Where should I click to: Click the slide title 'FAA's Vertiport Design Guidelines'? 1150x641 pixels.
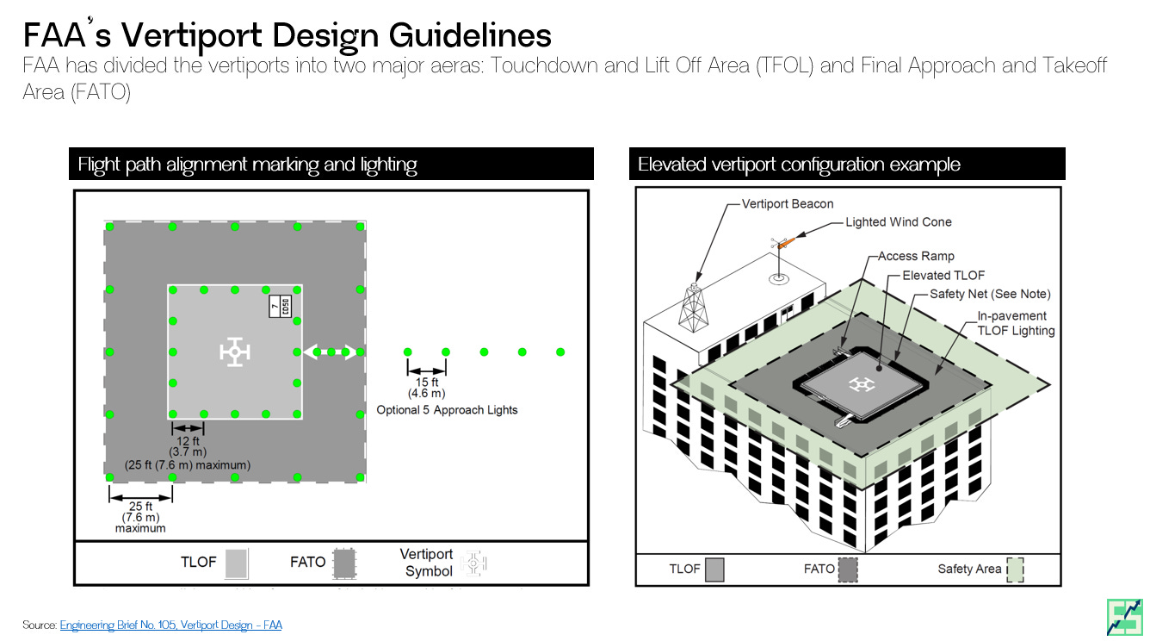(x=287, y=35)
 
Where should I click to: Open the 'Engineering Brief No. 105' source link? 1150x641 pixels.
(x=170, y=625)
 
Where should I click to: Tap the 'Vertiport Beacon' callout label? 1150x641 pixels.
(x=788, y=204)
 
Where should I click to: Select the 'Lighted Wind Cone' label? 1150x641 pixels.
(x=898, y=221)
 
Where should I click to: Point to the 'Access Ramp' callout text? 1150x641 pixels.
(x=916, y=256)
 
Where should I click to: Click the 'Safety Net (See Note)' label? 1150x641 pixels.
(x=990, y=294)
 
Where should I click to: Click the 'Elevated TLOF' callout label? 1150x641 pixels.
(x=943, y=275)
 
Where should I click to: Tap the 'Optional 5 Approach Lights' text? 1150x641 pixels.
(x=447, y=410)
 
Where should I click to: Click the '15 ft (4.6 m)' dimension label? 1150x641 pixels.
(x=427, y=388)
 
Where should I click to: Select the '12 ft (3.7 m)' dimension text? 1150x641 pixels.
(x=188, y=447)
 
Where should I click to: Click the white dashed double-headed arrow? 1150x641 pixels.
(x=331, y=352)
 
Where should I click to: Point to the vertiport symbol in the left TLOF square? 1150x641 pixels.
(x=234, y=352)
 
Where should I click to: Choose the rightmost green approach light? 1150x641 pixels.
(x=560, y=352)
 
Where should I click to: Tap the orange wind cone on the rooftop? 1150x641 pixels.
(x=786, y=244)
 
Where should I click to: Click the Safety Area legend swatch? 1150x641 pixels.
(x=1015, y=569)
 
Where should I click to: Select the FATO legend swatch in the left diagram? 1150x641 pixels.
(x=344, y=563)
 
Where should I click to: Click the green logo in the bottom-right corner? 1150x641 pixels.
(x=1123, y=616)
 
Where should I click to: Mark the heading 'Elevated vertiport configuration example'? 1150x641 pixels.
(x=799, y=165)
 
